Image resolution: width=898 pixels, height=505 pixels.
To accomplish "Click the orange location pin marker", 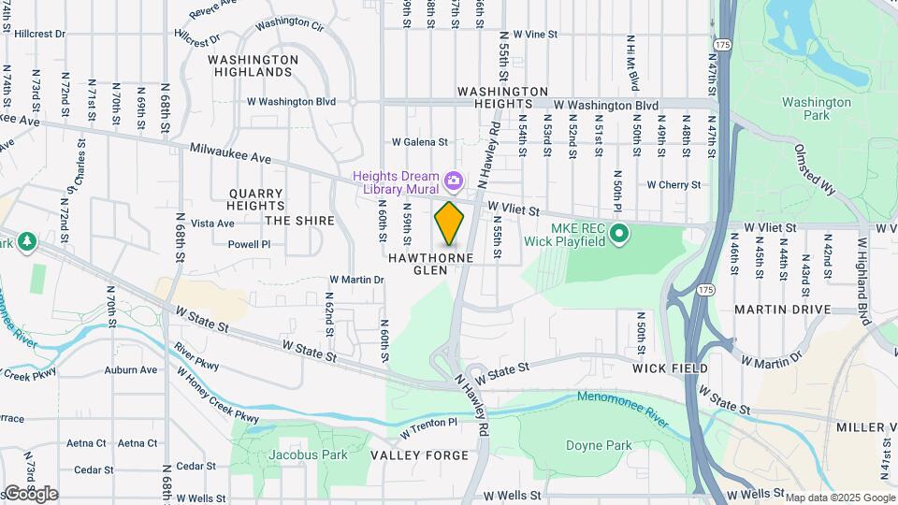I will pos(450,223).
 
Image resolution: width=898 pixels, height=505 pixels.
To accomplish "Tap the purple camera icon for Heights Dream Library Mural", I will pos(454,179).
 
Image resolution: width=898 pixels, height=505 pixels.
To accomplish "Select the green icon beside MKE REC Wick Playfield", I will pos(617,232).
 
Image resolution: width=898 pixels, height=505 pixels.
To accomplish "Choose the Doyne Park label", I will pos(599,446).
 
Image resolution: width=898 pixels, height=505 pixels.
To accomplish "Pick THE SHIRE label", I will pos(299,221).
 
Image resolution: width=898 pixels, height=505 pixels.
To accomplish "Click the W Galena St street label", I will pos(420,142).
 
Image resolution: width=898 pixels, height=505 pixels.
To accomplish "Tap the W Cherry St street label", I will pos(673,185).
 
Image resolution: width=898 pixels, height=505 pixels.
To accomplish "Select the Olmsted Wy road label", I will pos(814,168).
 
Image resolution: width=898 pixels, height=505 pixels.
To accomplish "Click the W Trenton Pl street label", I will pos(429,428).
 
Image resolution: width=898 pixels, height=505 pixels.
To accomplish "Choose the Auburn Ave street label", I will pos(131,370).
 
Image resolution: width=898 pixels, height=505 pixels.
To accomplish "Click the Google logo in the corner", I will pos(30,494).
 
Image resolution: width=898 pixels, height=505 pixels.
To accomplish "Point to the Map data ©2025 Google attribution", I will pos(839,498).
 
